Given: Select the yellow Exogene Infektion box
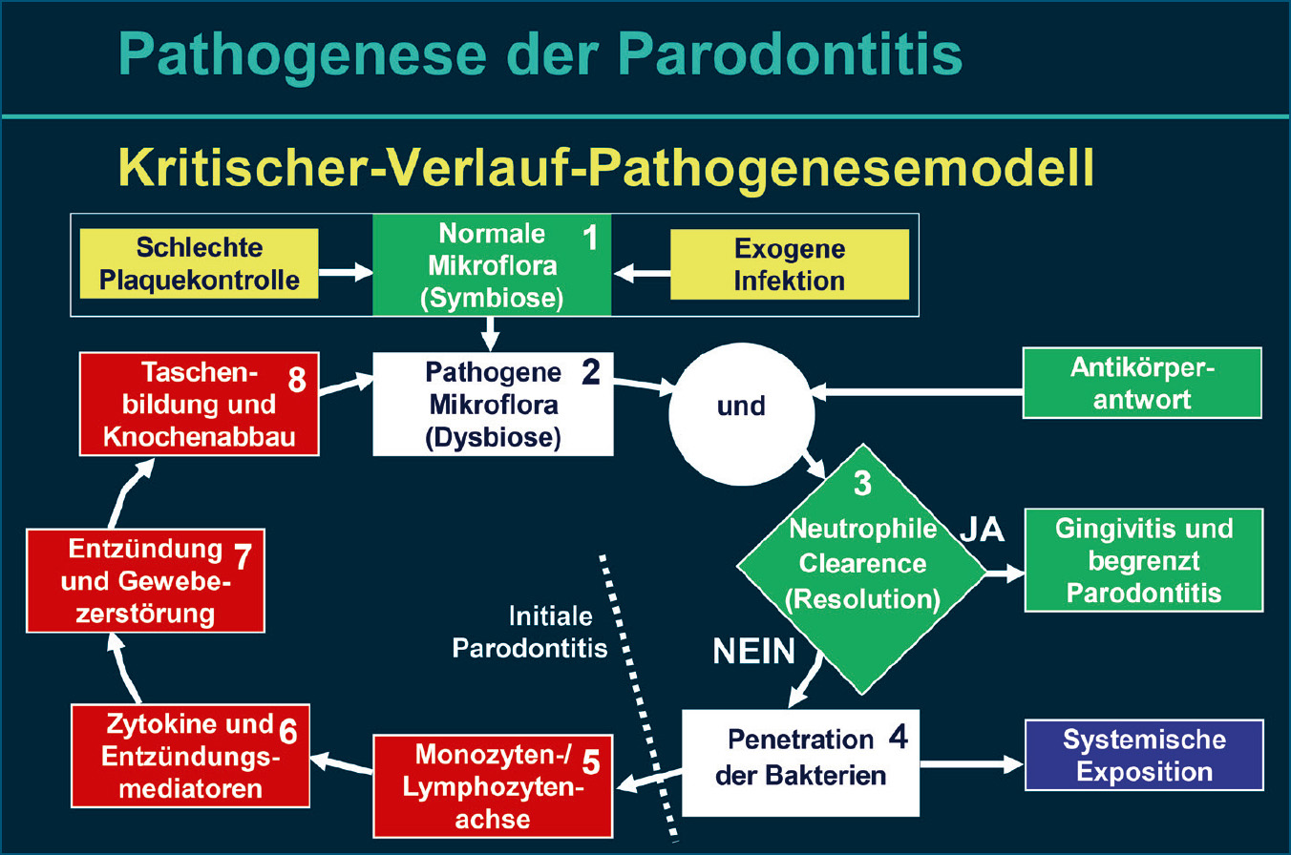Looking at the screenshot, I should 790,264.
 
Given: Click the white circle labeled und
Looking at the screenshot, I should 742,406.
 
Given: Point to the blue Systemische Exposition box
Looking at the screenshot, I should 1143,755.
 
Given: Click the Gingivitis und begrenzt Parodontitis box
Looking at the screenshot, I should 1143,560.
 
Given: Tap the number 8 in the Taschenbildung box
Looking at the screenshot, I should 296,379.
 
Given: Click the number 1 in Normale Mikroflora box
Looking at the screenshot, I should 590,239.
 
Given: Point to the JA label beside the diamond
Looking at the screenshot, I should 981,531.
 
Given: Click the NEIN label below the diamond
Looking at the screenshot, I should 754,651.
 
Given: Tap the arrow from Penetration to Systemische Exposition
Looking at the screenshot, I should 970,763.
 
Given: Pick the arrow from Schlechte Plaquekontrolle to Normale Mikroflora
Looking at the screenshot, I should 345,273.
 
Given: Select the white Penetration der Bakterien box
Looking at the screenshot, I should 800,761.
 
